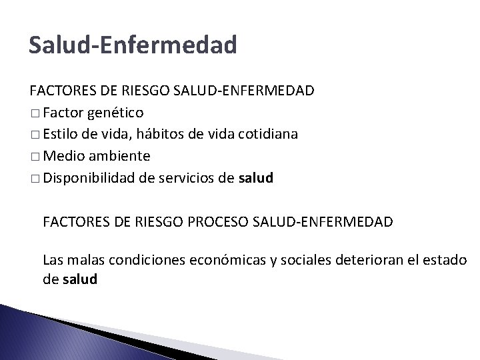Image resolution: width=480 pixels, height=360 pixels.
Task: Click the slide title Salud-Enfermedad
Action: (133, 45)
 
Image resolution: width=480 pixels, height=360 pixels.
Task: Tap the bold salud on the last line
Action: (79, 279)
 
